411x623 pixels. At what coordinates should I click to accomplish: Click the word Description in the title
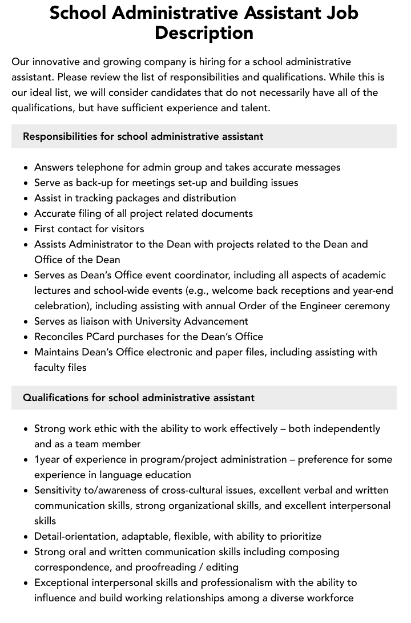coord(204,33)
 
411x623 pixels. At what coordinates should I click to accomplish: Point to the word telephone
coord(102,167)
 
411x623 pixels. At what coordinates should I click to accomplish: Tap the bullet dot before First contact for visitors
coord(26,229)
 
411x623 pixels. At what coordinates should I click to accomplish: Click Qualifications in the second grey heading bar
coord(55,397)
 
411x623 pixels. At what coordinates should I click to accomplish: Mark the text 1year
coord(48,459)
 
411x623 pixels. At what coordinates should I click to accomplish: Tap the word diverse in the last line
coord(282,598)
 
